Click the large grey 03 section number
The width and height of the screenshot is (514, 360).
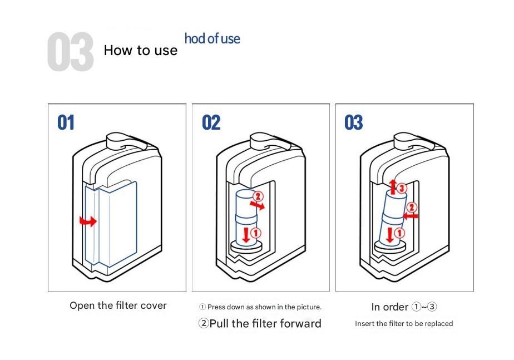click(71, 52)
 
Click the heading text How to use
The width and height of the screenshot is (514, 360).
click(141, 51)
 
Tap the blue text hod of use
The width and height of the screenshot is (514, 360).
click(212, 39)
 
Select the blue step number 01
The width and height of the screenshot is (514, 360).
click(66, 122)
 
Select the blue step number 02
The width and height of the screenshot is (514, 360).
click(211, 122)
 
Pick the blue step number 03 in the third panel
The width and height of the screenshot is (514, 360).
click(353, 122)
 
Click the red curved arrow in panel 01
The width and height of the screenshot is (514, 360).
click(88, 221)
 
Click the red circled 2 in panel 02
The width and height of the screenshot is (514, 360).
click(258, 196)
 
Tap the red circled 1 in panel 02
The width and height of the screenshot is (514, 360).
click(256, 233)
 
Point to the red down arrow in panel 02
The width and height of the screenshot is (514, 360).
click(246, 235)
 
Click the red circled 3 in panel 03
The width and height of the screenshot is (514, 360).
click(402, 188)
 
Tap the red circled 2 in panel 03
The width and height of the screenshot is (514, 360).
click(412, 207)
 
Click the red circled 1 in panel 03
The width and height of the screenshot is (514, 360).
click(399, 233)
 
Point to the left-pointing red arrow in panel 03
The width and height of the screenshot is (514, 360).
click(411, 216)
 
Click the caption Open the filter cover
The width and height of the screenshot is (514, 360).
click(118, 305)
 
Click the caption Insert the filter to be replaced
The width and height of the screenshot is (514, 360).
click(404, 324)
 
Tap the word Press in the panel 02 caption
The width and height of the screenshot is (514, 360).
click(216, 307)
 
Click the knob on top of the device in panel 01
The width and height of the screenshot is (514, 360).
click(118, 141)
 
